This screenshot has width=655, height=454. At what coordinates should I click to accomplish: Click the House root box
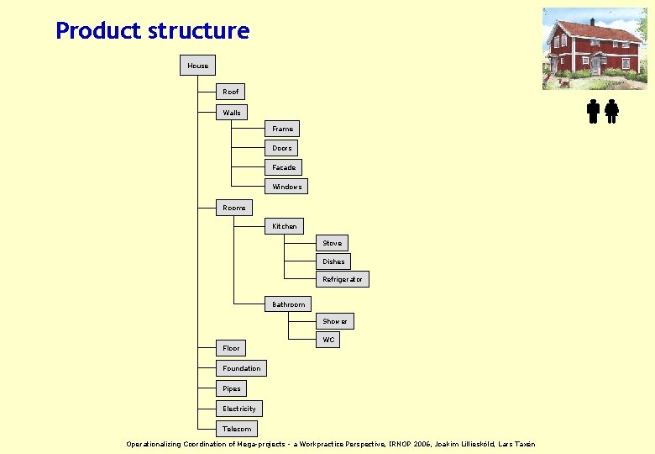click(197, 66)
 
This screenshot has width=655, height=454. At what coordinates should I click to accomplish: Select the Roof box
click(230, 92)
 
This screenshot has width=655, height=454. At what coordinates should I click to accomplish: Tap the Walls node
click(232, 113)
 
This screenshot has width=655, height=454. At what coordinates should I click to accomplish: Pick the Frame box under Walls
click(282, 129)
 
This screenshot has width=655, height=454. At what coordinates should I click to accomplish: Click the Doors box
click(281, 148)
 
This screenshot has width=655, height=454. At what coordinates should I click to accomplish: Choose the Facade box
click(284, 167)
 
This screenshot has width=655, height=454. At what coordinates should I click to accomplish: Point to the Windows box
click(286, 187)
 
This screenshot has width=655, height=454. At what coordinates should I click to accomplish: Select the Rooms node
click(234, 208)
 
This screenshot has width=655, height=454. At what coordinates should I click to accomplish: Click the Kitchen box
click(284, 226)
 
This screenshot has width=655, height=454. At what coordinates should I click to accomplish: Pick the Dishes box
click(333, 261)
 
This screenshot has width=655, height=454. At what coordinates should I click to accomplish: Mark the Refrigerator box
click(343, 279)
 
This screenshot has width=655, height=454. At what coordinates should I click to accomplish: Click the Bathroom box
click(288, 304)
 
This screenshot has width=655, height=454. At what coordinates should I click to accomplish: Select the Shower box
click(334, 321)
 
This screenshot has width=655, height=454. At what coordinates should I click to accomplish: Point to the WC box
click(328, 340)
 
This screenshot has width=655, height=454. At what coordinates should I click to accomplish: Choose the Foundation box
click(241, 368)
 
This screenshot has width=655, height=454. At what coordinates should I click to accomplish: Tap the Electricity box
click(239, 409)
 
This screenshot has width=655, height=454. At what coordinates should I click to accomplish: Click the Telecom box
click(236, 429)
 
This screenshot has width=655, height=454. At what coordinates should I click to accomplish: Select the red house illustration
click(595, 48)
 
